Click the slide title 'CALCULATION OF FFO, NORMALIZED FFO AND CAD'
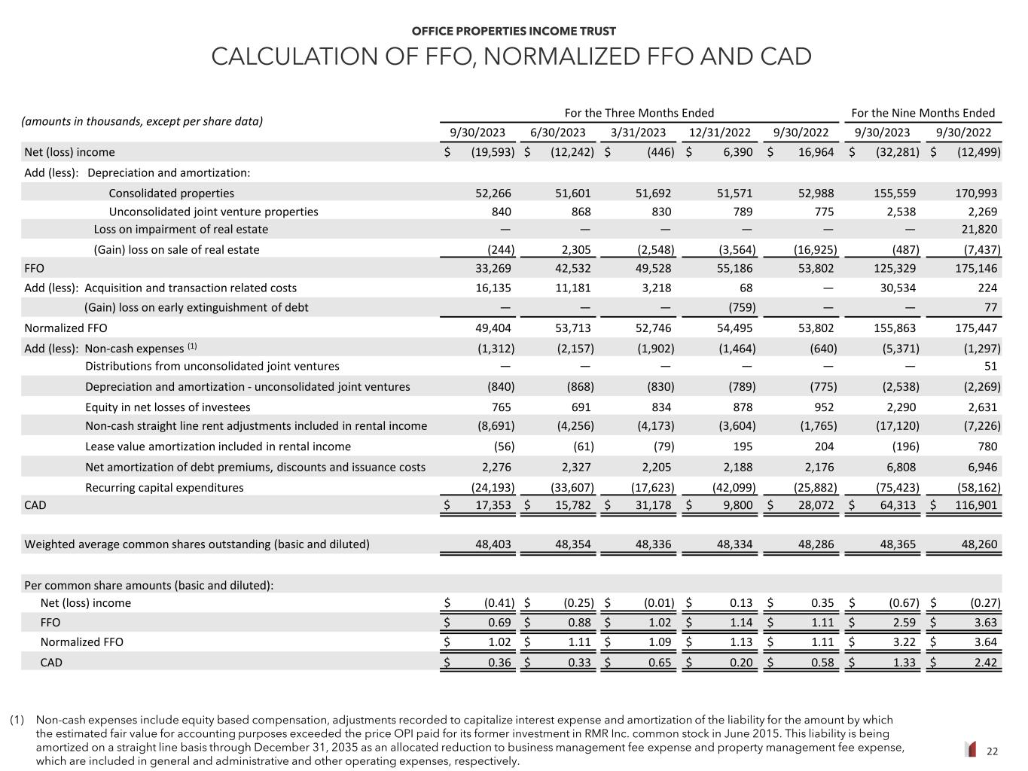coord(511,56)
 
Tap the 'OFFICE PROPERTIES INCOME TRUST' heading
coord(514,31)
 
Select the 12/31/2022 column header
coord(719,133)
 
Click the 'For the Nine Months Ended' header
coord(923,113)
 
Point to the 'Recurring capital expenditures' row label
coord(164,487)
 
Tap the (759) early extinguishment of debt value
coord(742,307)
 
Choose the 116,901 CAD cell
coord(976,504)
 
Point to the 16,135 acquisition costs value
coord(494,288)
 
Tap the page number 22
coord(992,751)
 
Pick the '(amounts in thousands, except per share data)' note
coord(142,121)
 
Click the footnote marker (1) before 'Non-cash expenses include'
coord(17,720)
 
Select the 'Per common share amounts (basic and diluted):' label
coord(149,585)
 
